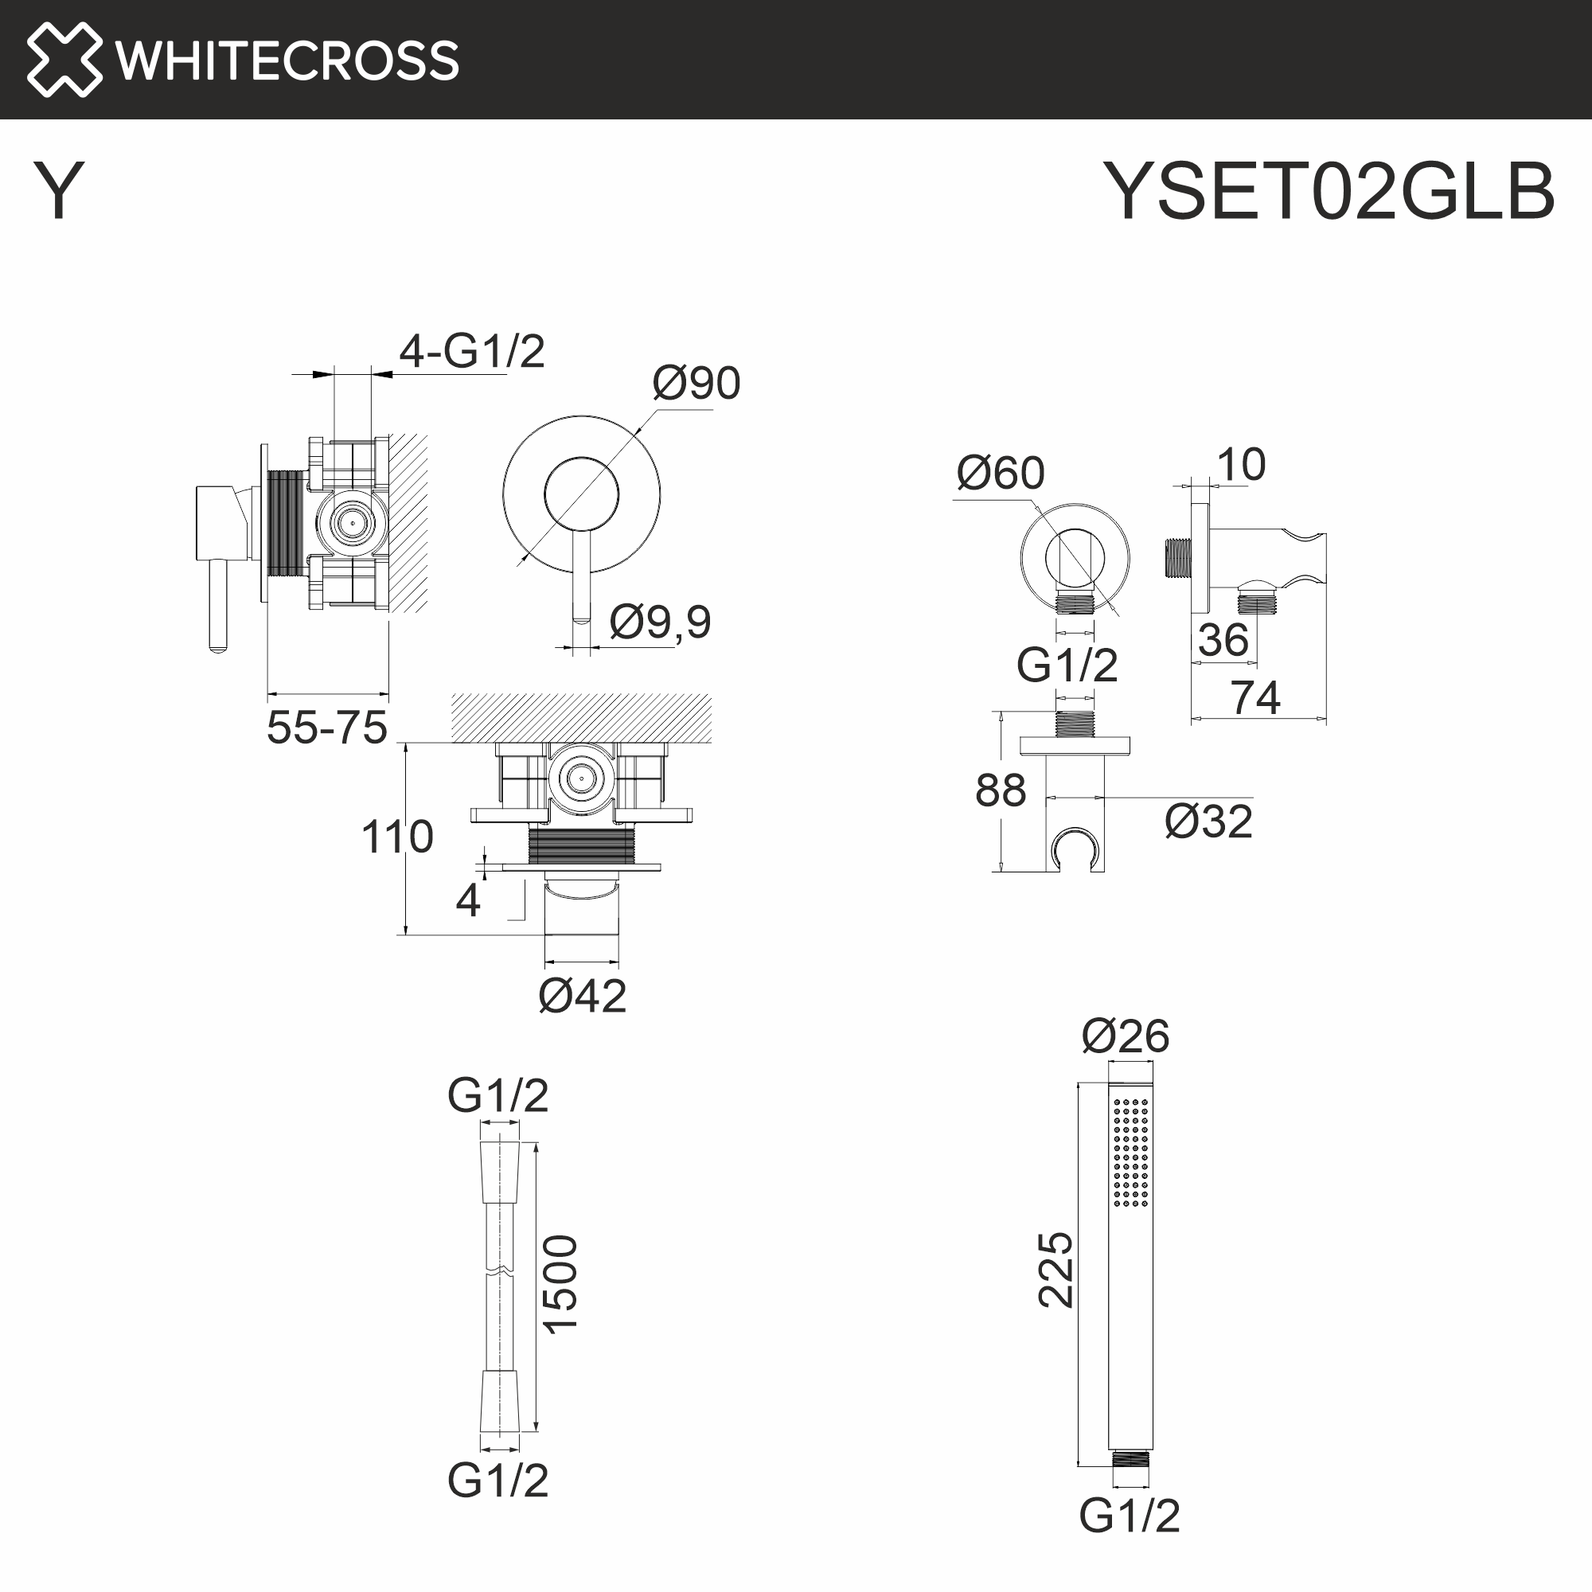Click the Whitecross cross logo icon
click(x=64, y=60)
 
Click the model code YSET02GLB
click(x=1329, y=192)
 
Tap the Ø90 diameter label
click(x=696, y=383)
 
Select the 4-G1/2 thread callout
click(x=472, y=352)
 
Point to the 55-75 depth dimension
click(x=327, y=728)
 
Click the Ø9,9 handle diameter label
click(x=660, y=622)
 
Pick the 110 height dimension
click(x=397, y=837)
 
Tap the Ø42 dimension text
click(x=582, y=997)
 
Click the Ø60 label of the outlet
click(x=1001, y=474)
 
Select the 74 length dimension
click(x=1256, y=698)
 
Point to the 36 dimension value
click(x=1223, y=640)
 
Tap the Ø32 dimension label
click(x=1208, y=822)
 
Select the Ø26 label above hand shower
click(x=1125, y=1036)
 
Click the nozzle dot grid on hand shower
click(x=1130, y=1153)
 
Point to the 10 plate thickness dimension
click(x=1241, y=465)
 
